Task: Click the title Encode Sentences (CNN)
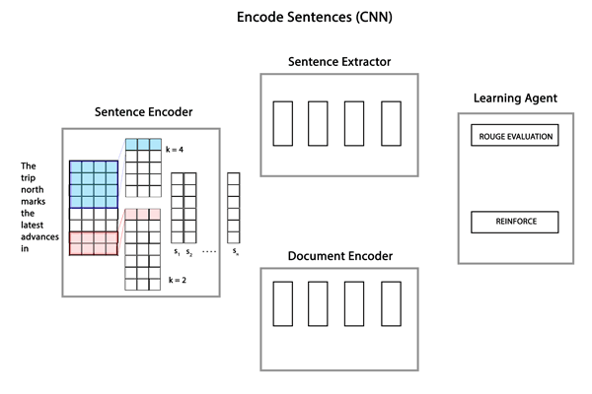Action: [295, 18]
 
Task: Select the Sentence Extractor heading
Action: [338, 62]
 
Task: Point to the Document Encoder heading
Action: [339, 256]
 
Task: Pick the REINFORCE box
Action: [516, 222]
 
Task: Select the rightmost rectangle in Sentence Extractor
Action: [392, 122]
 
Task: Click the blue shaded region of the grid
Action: [93, 182]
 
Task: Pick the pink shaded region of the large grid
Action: [93, 242]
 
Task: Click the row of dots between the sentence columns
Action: [210, 252]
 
